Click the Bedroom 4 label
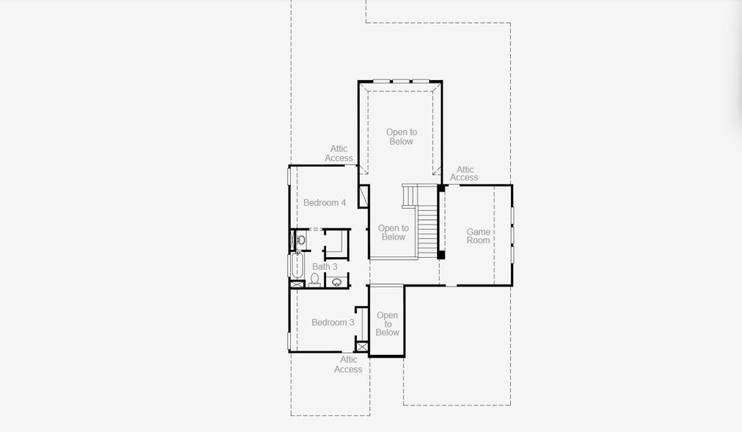[x=325, y=202]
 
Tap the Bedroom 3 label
[x=332, y=323]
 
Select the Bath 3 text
[x=325, y=267]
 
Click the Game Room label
[x=479, y=236]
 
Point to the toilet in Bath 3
[x=315, y=279]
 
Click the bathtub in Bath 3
[x=297, y=266]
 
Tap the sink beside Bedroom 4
[x=301, y=240]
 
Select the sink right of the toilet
[x=337, y=282]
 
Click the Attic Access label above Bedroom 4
[x=339, y=153]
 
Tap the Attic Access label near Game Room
[x=464, y=174]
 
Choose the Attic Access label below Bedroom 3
[x=348, y=364]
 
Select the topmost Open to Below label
[x=402, y=137]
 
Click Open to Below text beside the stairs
[x=393, y=233]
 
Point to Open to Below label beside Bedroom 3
[x=388, y=324]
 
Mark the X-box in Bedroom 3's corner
[x=361, y=347]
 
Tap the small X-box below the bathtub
[x=297, y=284]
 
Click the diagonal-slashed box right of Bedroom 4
[x=364, y=196]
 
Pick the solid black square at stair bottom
[x=441, y=255]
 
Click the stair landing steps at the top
[x=410, y=196]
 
